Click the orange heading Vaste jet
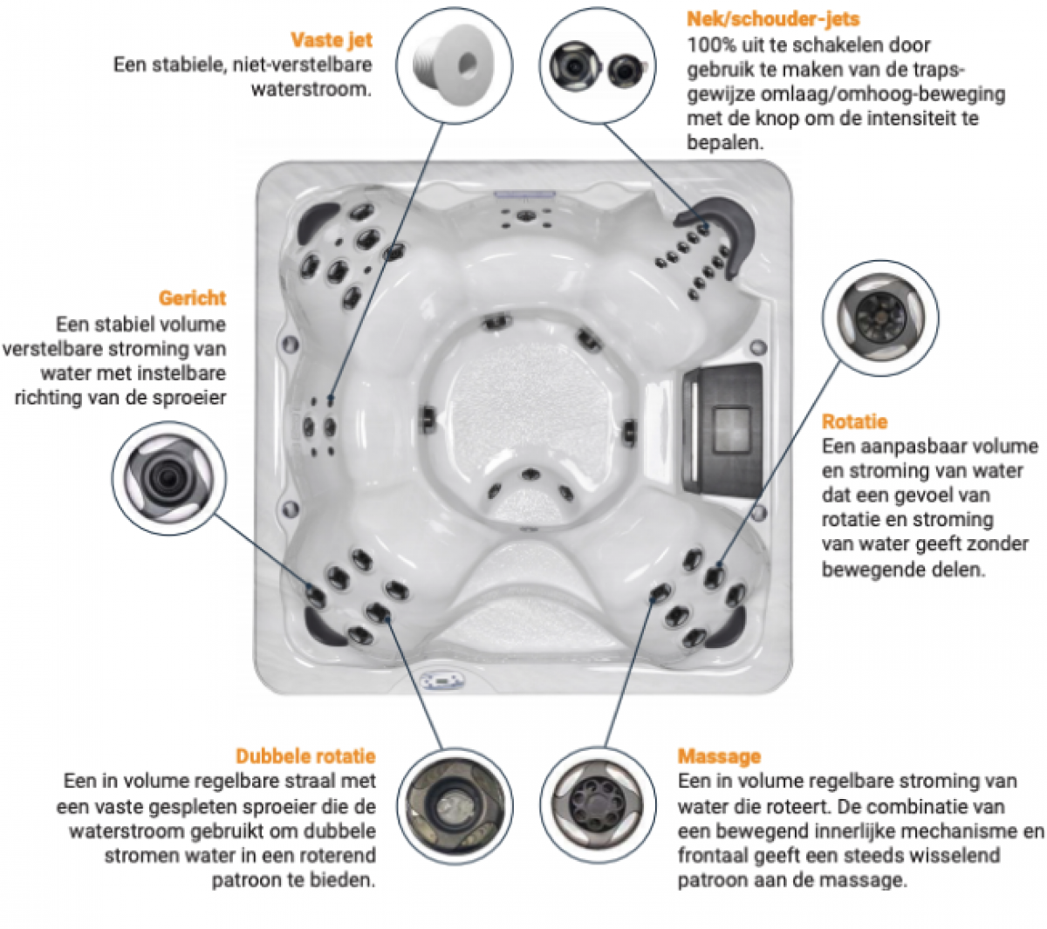pos(331,39)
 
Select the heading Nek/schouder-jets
pos(773,19)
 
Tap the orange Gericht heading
pos(192,297)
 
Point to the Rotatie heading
pos(854,421)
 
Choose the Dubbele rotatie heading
pos(305,756)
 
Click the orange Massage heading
pos(719,756)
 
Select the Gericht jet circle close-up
pos(168,477)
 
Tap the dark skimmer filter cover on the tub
pos(722,420)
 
